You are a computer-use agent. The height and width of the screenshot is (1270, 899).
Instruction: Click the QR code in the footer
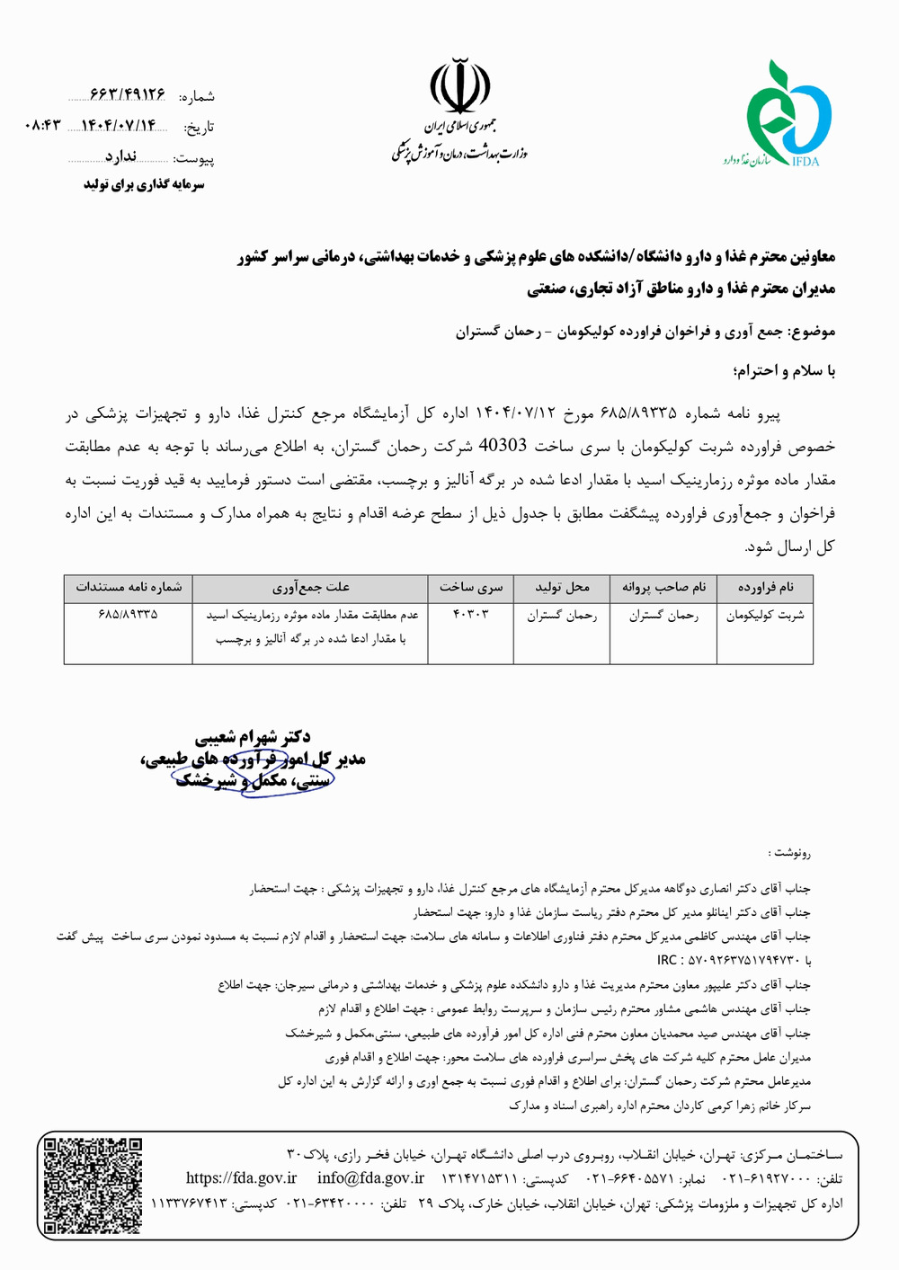pos(93,1186)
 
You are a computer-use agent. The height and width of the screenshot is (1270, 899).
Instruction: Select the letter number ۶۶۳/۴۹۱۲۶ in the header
pos(128,94)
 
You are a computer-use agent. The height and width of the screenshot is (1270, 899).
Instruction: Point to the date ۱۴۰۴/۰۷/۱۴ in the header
pos(119,126)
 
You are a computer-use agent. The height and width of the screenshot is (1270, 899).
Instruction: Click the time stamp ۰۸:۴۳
pos(42,126)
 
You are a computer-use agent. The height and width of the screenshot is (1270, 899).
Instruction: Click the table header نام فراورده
pos(766,588)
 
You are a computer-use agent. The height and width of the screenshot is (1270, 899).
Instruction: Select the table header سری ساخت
pos(471,588)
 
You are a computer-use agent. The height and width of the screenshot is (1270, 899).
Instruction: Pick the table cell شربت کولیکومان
pos(766,616)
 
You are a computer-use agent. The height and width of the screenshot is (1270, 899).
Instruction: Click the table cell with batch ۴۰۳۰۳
pos(470,616)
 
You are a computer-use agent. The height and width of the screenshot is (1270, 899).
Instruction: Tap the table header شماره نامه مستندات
pos(129,588)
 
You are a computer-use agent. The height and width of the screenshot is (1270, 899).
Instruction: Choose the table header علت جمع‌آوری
pos(310,588)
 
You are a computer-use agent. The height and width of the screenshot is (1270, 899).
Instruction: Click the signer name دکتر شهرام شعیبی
pos(265,738)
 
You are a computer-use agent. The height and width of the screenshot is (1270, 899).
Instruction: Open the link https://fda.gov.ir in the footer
pos(241,1178)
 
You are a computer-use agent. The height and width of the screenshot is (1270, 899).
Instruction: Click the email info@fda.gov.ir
pos(370,1178)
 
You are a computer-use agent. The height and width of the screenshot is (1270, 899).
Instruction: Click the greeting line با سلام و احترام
pos(784,370)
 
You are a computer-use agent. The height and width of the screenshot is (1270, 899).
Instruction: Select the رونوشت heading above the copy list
pos(791,852)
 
